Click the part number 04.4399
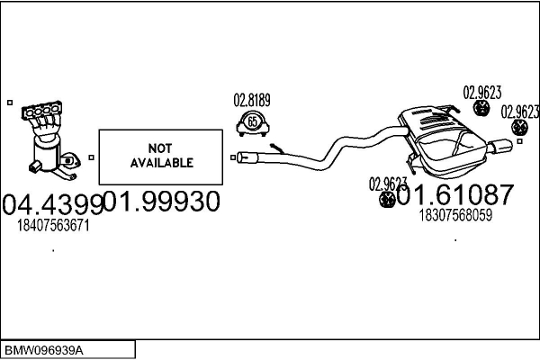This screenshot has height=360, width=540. pyautogui.click(x=51, y=204)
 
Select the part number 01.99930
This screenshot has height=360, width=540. pyautogui.click(x=162, y=202)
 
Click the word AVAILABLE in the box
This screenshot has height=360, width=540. pyautogui.click(x=161, y=163)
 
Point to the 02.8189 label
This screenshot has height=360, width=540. pyautogui.click(x=252, y=100)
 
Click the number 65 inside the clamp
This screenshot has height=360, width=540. pyautogui.click(x=252, y=122)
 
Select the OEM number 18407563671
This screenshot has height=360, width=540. pyautogui.click(x=54, y=226)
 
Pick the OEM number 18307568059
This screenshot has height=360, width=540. pyautogui.click(x=455, y=214)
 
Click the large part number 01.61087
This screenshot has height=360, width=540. pyautogui.click(x=454, y=193)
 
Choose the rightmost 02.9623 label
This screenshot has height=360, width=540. pyautogui.click(x=519, y=112)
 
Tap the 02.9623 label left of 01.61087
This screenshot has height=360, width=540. pyautogui.click(x=387, y=183)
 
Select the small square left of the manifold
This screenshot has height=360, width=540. pyautogui.click(x=9, y=103)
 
